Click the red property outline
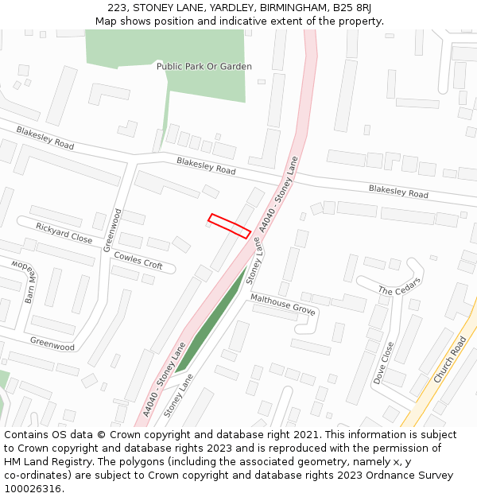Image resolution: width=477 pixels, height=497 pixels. [x=230, y=225]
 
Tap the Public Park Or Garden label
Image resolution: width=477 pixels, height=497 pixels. [x=204, y=67]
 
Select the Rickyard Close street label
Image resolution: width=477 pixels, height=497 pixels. [x=64, y=233]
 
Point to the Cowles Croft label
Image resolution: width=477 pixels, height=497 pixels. [x=138, y=260]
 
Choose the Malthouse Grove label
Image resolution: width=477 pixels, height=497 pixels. [x=283, y=304]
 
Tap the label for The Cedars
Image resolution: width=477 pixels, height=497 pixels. [x=399, y=286]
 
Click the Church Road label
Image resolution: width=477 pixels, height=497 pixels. [x=450, y=359]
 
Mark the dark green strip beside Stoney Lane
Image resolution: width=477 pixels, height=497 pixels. [x=210, y=322]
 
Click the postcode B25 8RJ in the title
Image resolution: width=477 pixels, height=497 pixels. [x=352, y=8]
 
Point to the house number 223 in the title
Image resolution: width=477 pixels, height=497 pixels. [x=117, y=8]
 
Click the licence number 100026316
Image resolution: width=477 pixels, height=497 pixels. [x=33, y=488]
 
